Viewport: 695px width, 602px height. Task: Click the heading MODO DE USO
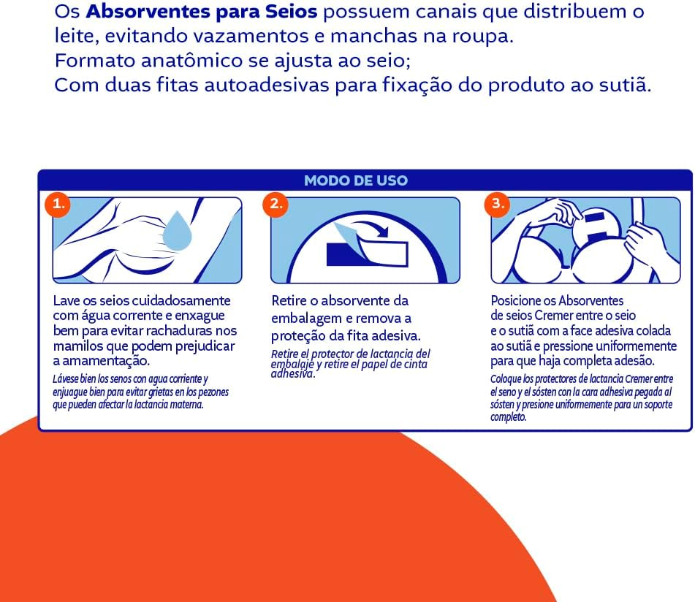click(355, 180)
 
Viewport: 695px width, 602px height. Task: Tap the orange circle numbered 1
click(58, 205)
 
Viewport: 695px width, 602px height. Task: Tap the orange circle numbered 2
click(276, 205)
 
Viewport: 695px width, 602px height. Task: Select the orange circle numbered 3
click(497, 205)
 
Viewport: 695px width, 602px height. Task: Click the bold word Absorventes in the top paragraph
click(147, 12)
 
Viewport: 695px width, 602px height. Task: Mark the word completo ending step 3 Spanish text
click(508, 417)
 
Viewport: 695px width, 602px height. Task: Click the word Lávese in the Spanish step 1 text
click(66, 379)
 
